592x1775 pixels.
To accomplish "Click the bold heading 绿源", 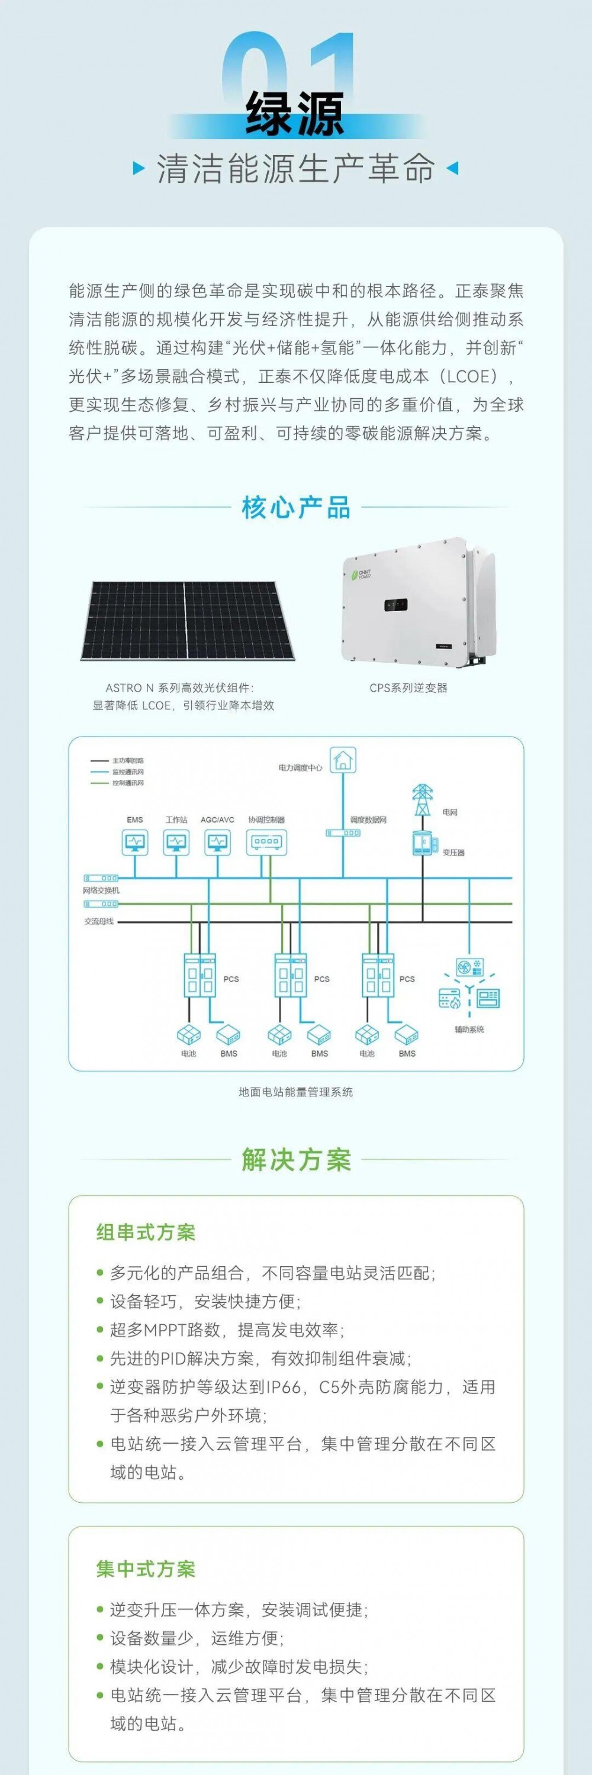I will click(x=295, y=114).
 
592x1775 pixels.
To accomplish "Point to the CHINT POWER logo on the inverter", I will click(x=361, y=574).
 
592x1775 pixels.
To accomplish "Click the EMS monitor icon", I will click(x=135, y=842).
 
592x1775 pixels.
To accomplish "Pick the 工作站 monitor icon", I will click(x=176, y=842).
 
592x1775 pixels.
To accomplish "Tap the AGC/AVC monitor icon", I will click(x=218, y=842).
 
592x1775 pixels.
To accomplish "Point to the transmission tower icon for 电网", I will click(x=421, y=799).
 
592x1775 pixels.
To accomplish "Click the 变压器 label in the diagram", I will click(x=453, y=853).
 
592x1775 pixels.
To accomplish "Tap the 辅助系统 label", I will click(x=469, y=1029).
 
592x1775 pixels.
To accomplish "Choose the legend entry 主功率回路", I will click(x=127, y=761).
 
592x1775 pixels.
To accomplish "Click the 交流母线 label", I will click(x=98, y=921).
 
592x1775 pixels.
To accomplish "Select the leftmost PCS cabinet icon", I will click(x=199, y=975).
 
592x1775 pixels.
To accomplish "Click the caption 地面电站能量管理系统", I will click(x=295, y=1092).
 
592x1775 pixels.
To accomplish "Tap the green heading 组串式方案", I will click(x=146, y=1232).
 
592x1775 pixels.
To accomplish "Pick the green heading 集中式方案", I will click(x=146, y=1569).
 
